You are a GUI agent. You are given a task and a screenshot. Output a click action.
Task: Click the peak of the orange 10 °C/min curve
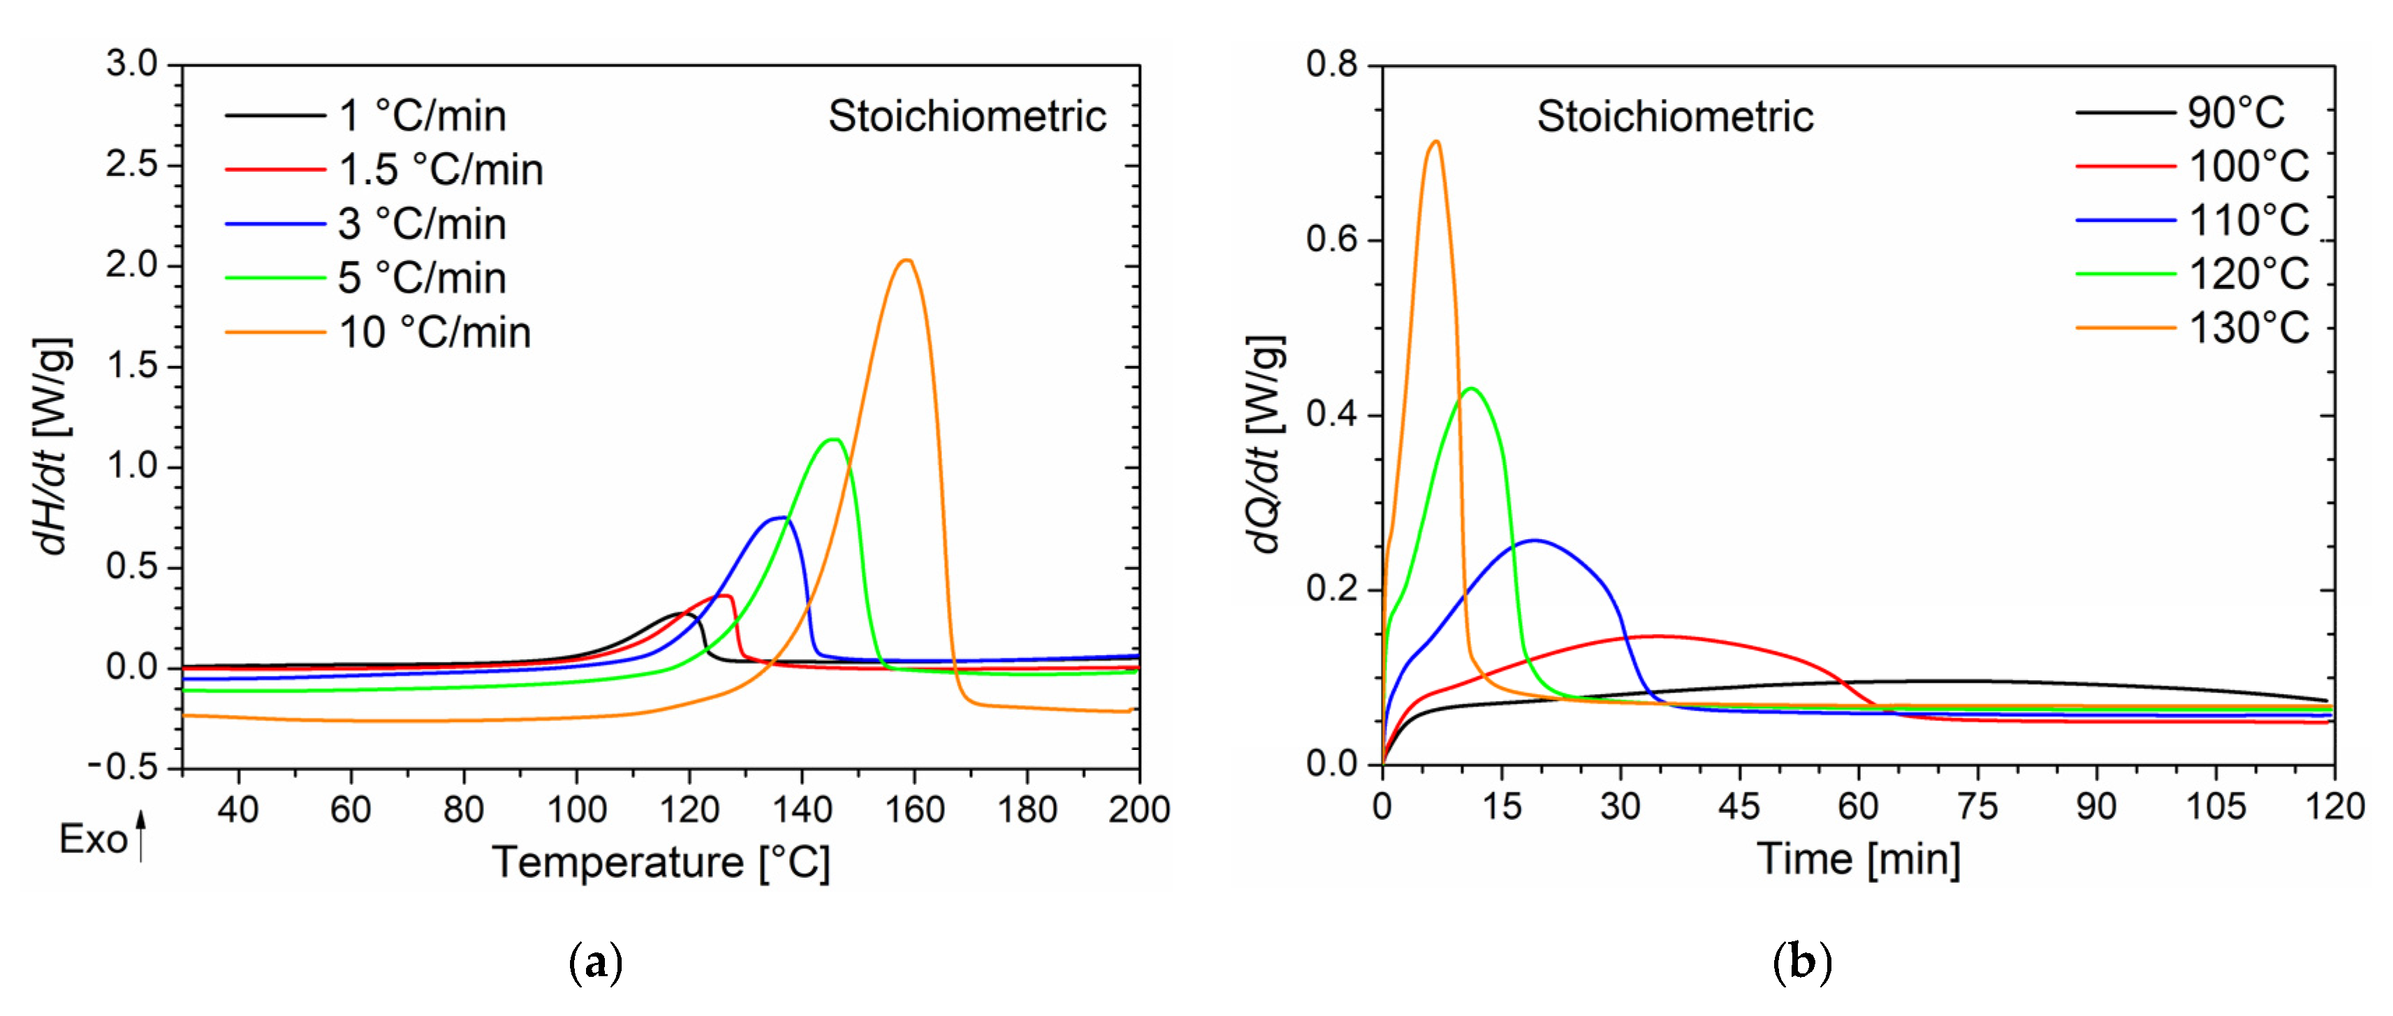point(907,260)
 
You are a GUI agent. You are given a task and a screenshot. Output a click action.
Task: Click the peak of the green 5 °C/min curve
point(833,439)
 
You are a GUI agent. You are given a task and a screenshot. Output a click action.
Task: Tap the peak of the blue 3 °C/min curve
point(780,517)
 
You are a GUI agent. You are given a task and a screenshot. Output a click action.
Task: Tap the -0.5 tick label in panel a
point(123,767)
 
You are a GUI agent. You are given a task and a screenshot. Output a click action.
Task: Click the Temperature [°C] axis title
point(661,863)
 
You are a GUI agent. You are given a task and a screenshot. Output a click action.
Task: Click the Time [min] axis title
point(1858,859)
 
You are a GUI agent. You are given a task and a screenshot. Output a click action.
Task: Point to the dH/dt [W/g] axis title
point(51,446)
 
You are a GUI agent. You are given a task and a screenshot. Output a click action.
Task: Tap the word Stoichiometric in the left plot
point(966,116)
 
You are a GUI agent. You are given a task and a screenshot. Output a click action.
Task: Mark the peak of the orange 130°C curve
point(1436,141)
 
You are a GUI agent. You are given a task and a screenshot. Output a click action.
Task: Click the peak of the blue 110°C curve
point(1535,540)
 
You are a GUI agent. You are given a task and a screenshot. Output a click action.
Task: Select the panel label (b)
point(1801,962)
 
